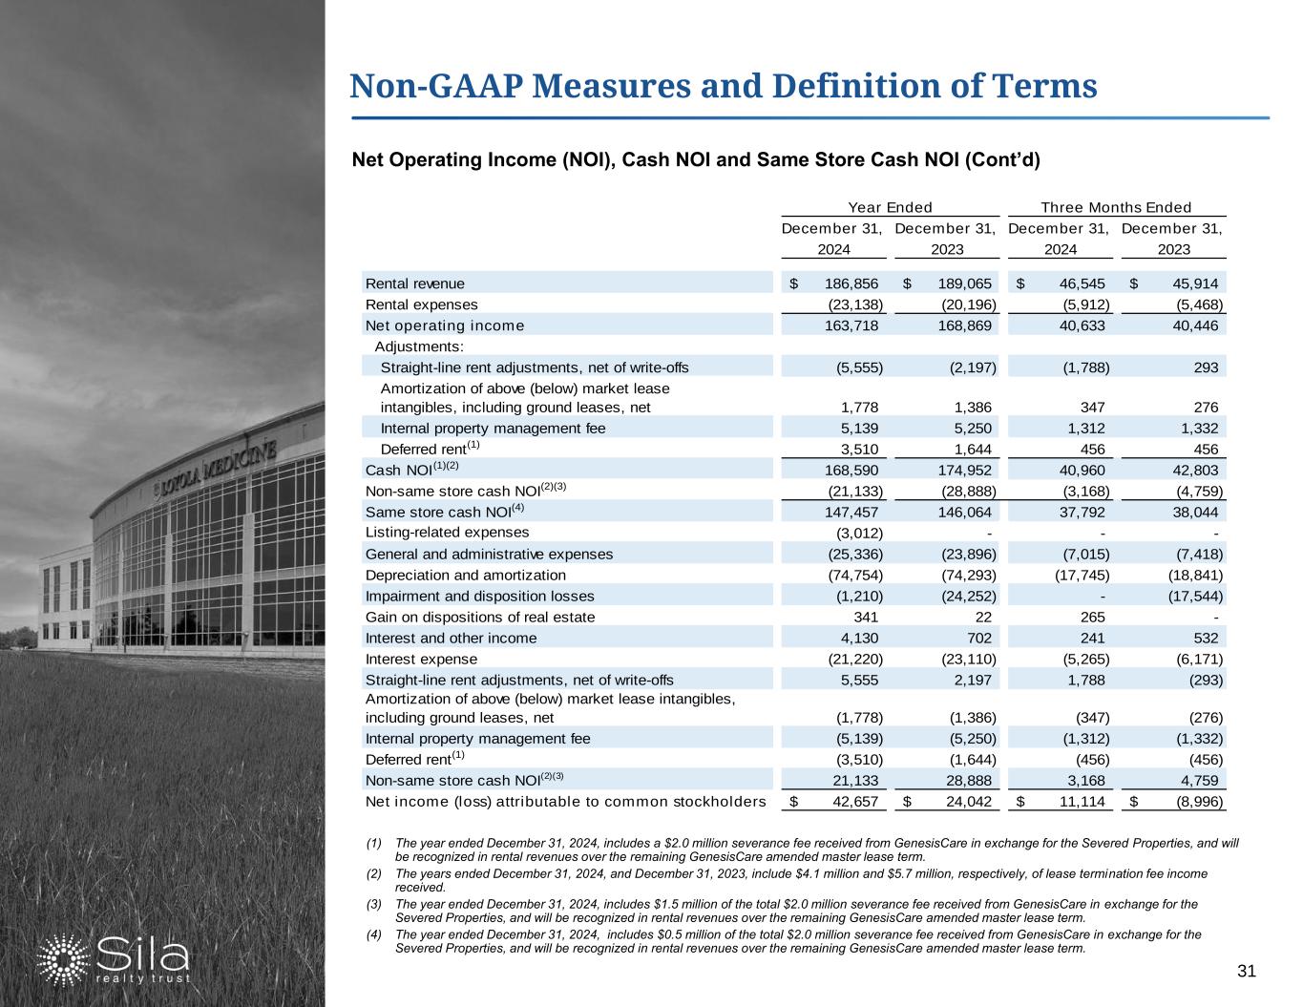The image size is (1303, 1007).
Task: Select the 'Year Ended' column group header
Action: (890, 207)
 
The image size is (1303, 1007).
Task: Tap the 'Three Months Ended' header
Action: (1116, 207)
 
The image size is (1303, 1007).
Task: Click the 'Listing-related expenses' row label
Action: (447, 533)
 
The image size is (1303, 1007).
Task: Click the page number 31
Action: (1245, 972)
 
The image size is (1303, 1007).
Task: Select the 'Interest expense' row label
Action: (421, 659)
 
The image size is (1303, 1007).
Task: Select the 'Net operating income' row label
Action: (445, 325)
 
